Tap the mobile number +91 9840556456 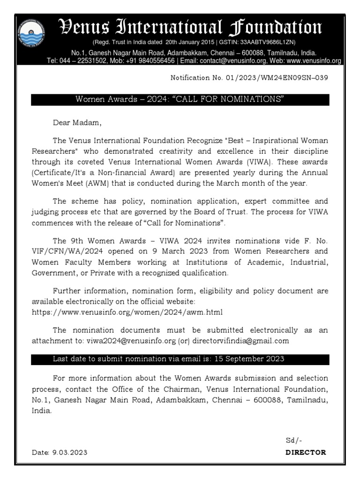pyautogui.click(x=151, y=61)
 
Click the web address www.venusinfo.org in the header pyautogui.click(x=313, y=61)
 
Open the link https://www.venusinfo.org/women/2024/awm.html pyautogui.click(x=127, y=311)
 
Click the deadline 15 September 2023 pyautogui.click(x=249, y=359)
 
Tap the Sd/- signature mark pyautogui.click(x=294, y=441)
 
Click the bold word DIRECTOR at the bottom pyautogui.click(x=306, y=452)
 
